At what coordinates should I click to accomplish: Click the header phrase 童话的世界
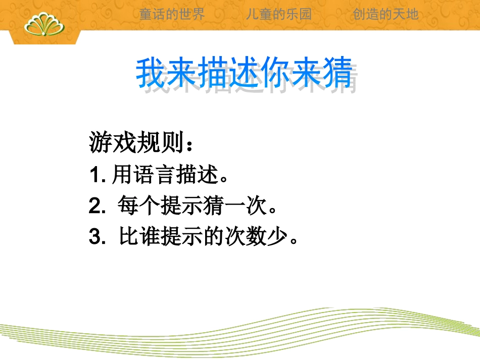172,14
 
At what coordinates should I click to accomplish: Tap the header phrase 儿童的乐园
279,14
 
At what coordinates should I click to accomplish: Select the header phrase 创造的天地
386,14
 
